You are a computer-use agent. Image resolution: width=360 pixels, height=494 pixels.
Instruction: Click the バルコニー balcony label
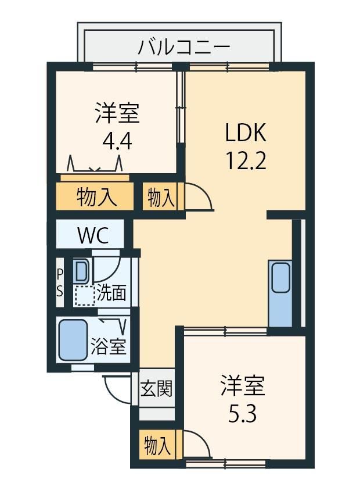[x=184, y=47]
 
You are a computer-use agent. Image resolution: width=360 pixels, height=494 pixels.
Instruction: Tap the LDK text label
[x=246, y=133]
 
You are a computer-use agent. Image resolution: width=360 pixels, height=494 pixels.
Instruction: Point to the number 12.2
[x=246, y=160]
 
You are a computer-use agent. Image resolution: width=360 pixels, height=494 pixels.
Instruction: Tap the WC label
[x=93, y=235]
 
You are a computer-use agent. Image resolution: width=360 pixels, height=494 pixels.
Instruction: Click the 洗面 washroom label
[x=111, y=293]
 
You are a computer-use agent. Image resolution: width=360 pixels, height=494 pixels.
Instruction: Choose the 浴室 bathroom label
[x=108, y=346]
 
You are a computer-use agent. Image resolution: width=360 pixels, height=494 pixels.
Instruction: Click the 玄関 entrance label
[x=156, y=388]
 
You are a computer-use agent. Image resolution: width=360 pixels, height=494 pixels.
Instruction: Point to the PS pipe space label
[x=59, y=282]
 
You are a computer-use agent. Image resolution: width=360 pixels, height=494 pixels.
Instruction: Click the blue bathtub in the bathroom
[x=73, y=340]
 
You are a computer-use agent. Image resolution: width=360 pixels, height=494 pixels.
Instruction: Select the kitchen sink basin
[x=280, y=278]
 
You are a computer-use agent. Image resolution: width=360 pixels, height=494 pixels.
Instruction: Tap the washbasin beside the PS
[x=81, y=271]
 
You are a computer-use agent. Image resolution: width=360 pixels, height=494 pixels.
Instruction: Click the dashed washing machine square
[x=85, y=295]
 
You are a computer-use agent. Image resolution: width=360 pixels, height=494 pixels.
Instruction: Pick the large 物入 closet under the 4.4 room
[x=95, y=196]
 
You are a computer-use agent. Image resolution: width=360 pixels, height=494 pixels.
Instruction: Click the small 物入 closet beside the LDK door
[x=160, y=198]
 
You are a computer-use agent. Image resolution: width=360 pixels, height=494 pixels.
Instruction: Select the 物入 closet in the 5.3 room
[x=157, y=445]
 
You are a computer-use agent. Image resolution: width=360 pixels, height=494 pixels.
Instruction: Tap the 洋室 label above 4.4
[x=117, y=113]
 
